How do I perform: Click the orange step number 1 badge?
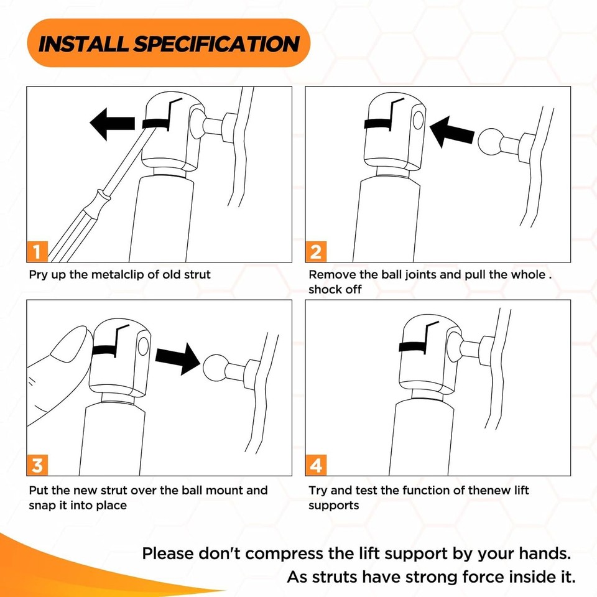(x=37, y=252)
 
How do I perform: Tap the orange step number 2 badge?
(x=316, y=252)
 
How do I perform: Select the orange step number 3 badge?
(x=37, y=465)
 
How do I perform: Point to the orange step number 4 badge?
(x=316, y=465)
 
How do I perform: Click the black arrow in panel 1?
(x=113, y=124)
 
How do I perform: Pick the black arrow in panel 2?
(x=451, y=132)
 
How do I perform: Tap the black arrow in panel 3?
(x=178, y=358)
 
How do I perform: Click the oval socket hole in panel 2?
(x=418, y=121)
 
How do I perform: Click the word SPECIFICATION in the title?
(x=216, y=44)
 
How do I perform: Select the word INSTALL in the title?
(x=83, y=44)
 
